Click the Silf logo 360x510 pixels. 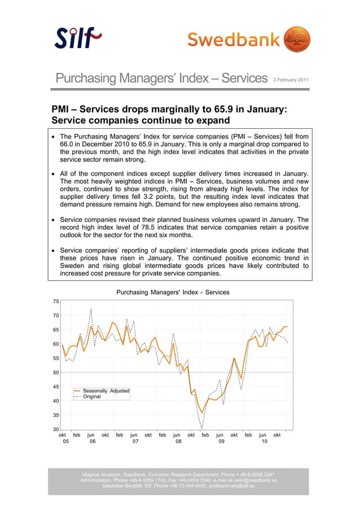click(78, 38)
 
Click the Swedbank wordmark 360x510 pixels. click(234, 40)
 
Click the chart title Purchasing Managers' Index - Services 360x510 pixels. click(173, 292)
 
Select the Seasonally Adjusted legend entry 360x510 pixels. click(106, 391)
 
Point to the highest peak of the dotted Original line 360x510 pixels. click(91, 308)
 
